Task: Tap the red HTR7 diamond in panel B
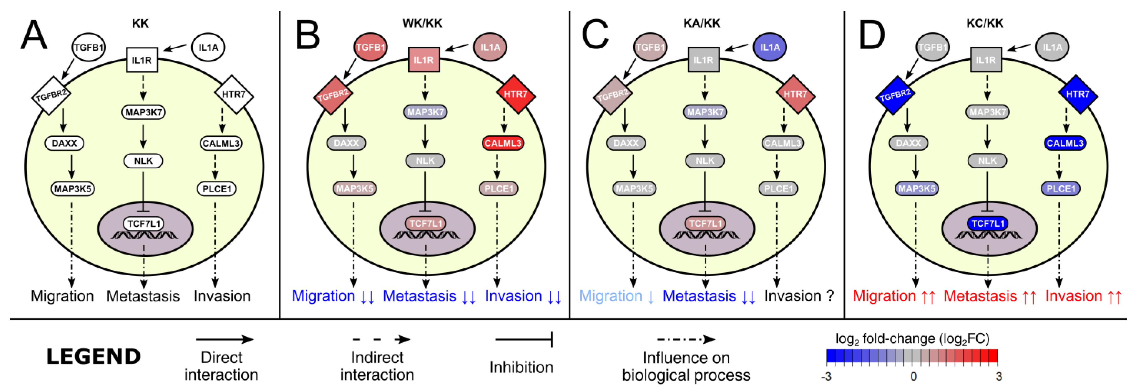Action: pos(515,94)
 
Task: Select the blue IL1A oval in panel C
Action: pos(769,47)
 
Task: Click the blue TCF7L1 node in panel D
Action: pos(988,224)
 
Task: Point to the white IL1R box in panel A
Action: pos(142,60)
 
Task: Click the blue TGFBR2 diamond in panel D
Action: pos(895,95)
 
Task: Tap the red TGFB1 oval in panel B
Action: pos(371,47)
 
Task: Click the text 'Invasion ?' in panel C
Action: pos(799,296)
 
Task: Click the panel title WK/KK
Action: pos(422,23)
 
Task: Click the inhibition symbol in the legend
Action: pos(523,340)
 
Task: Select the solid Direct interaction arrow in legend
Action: pos(224,340)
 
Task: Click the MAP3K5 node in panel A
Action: pos(73,189)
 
